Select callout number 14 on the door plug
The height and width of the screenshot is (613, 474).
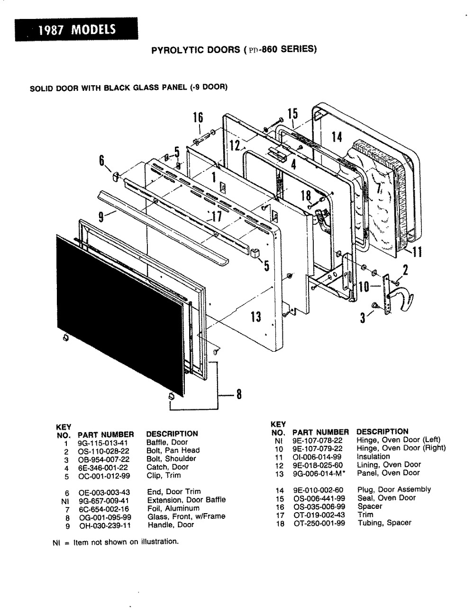coord(337,137)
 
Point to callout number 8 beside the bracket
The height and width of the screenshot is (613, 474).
coord(239,394)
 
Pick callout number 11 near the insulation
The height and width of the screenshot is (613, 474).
coord(416,252)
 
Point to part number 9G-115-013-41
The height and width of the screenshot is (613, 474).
coord(100,442)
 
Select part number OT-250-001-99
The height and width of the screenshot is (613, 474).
coord(319,523)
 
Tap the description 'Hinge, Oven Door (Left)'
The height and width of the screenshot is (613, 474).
coord(398,440)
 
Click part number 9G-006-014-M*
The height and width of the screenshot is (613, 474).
coord(318,473)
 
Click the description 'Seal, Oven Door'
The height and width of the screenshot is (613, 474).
coord(386,498)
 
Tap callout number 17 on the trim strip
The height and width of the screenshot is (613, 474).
coord(217,216)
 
